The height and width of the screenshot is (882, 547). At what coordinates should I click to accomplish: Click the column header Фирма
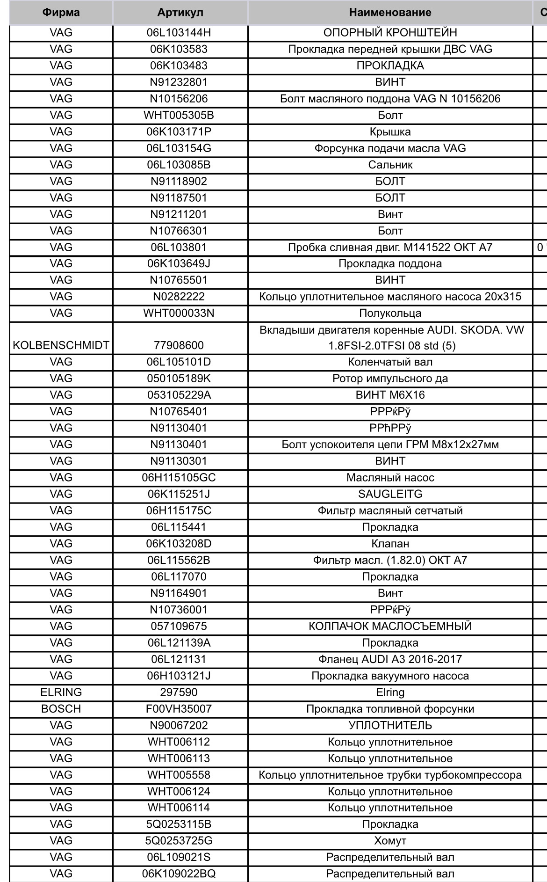coord(61,13)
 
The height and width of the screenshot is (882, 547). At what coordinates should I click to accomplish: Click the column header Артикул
coord(180,13)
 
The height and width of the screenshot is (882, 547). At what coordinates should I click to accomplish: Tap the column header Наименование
coord(390,13)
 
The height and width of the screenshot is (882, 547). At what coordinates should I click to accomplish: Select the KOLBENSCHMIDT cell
coord(61,345)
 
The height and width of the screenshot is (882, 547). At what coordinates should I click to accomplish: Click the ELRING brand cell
coord(61,692)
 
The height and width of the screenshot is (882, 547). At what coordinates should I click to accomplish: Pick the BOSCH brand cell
coord(61,708)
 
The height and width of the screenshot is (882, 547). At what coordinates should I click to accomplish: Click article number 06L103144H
coord(179,33)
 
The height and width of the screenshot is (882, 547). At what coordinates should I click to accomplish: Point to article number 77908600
coord(179,345)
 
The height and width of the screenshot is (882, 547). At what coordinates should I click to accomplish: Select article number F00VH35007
coord(179,708)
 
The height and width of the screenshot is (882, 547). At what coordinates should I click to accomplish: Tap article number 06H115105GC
coord(179,478)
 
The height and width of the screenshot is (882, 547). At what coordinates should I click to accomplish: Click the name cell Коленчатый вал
coord(390,362)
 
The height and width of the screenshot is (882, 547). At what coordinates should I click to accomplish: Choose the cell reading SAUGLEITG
coord(390,494)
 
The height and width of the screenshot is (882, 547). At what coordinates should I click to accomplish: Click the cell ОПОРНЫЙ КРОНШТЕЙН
coord(390,33)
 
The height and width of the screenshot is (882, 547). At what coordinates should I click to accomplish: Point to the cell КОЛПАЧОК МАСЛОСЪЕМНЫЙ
coord(390,626)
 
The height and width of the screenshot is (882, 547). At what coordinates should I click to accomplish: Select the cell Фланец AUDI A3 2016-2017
coord(390,659)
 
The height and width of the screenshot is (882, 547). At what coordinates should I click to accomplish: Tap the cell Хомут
coord(390,840)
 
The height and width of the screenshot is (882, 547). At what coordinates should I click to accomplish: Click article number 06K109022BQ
coord(179,874)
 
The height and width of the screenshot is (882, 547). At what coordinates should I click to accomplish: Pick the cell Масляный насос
coord(390,478)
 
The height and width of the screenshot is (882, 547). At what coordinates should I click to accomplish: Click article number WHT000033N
coord(179,313)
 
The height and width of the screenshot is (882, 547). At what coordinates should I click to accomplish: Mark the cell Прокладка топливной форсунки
coord(390,708)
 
